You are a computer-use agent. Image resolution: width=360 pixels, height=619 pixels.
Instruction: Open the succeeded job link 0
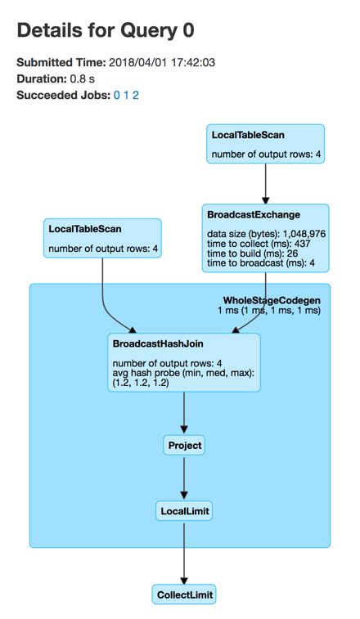pyautogui.click(x=116, y=96)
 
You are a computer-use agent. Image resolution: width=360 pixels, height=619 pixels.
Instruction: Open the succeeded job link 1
pyautogui.click(x=126, y=96)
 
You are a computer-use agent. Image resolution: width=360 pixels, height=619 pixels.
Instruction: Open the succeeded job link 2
pyautogui.click(x=136, y=96)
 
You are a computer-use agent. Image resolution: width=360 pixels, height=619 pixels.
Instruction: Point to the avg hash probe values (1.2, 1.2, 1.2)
pyautogui.click(x=141, y=383)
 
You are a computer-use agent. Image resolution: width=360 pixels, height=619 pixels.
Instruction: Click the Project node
pyautogui.click(x=183, y=446)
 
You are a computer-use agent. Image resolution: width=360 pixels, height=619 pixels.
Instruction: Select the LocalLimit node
pyautogui.click(x=183, y=511)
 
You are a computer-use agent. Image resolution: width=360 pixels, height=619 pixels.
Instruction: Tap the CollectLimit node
pyautogui.click(x=183, y=594)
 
